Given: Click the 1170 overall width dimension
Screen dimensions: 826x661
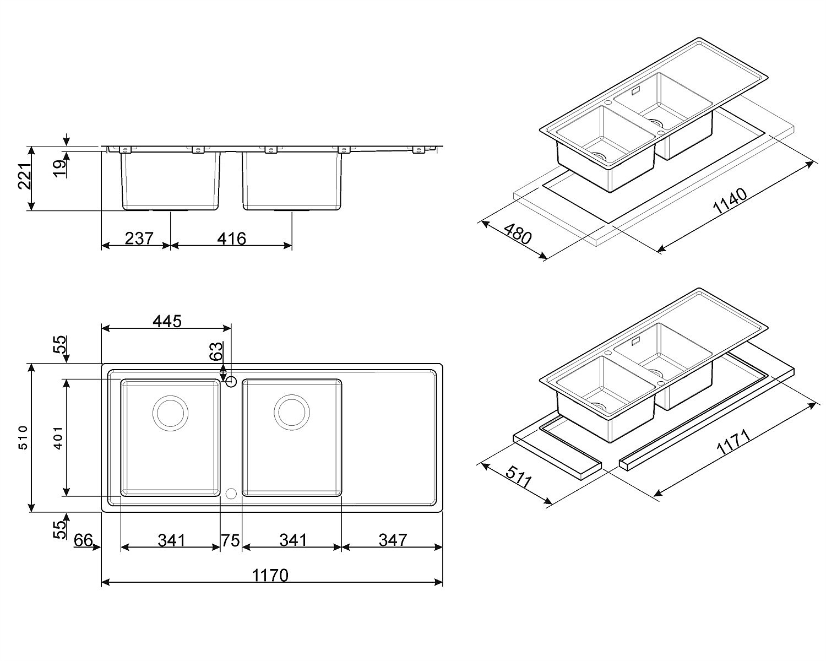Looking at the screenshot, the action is [x=270, y=576].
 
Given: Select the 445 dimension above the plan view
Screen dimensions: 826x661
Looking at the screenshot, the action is [x=167, y=321].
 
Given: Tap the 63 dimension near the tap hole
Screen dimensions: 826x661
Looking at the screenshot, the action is [x=216, y=351].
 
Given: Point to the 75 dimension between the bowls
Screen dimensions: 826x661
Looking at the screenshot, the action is [x=230, y=540].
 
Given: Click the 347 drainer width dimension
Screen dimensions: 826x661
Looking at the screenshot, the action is [x=393, y=540].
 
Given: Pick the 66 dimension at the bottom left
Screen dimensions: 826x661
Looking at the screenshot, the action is [x=83, y=540].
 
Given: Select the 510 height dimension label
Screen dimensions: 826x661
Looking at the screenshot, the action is [x=23, y=437].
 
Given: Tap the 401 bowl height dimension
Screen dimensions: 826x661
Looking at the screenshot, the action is [x=58, y=437].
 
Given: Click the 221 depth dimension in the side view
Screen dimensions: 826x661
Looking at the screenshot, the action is [x=25, y=176].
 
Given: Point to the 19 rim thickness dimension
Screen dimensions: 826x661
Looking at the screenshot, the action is [x=59, y=169].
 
